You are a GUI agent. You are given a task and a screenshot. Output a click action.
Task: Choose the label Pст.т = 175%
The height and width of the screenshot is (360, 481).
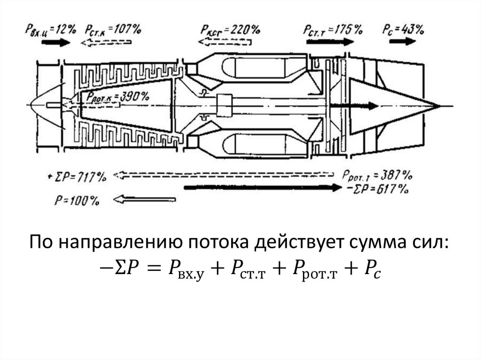click(333, 30)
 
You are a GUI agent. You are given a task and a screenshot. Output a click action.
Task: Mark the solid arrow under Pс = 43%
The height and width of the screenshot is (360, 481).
click(399, 42)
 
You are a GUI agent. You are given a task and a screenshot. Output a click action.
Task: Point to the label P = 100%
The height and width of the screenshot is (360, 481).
click(77, 200)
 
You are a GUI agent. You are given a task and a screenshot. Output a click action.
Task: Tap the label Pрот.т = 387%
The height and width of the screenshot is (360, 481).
click(377, 176)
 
